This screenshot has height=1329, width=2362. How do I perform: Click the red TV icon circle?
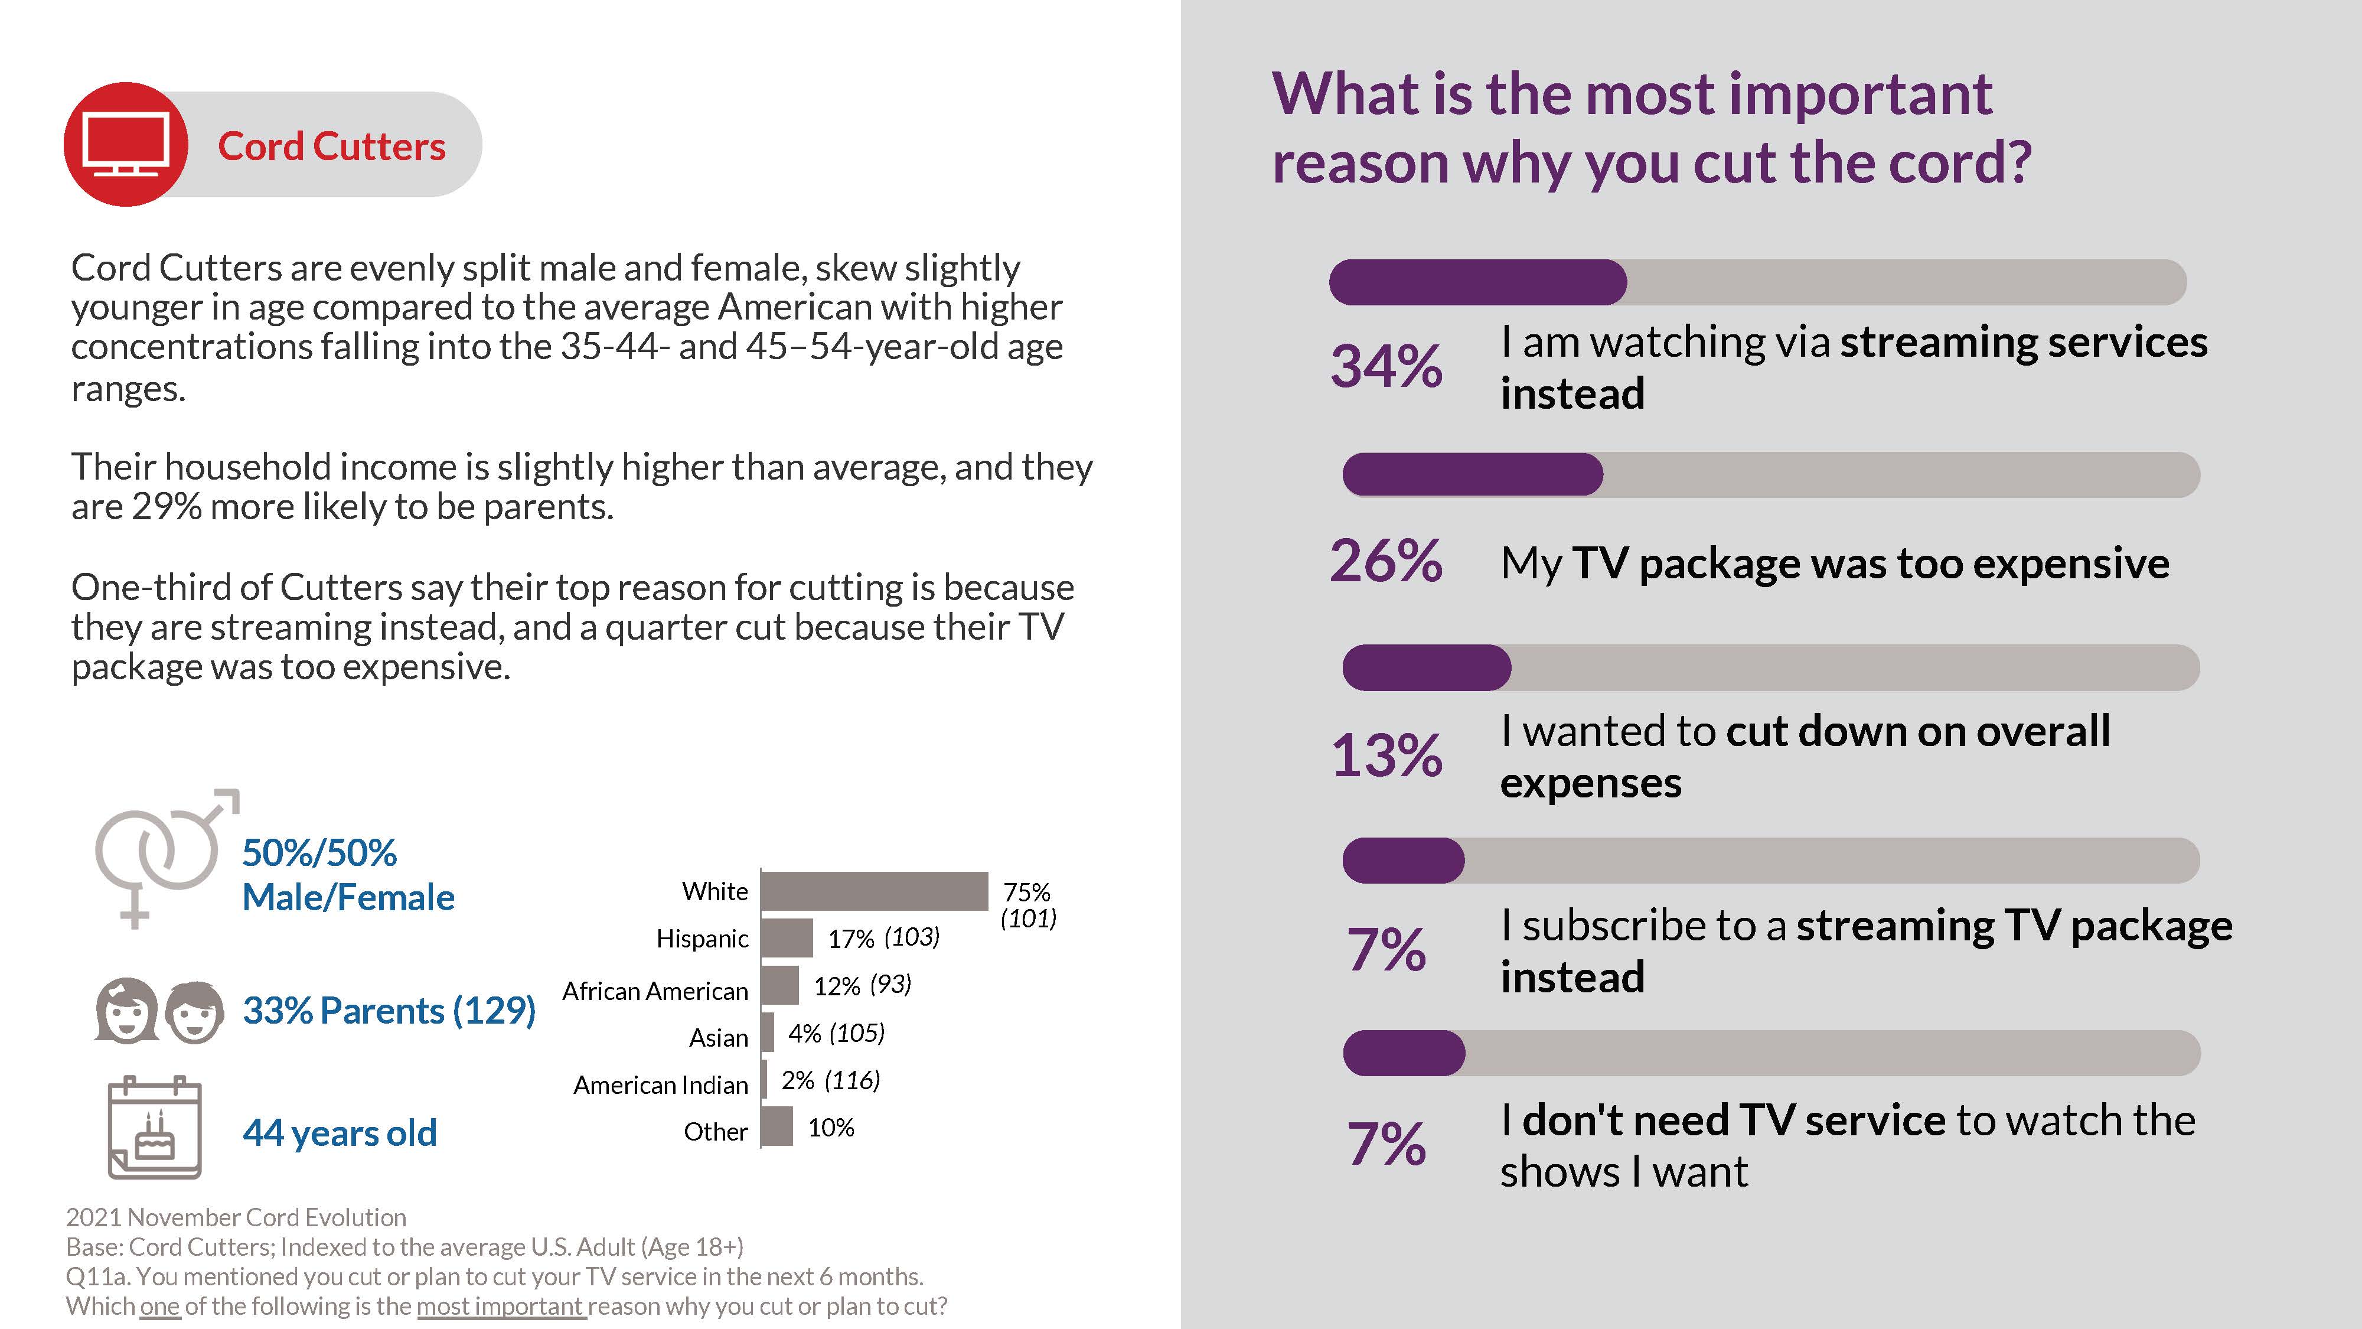pyautogui.click(x=126, y=144)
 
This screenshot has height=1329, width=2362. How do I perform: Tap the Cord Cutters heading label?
pyautogui.click(x=331, y=146)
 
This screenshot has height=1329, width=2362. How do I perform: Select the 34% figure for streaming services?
pyautogui.click(x=1385, y=366)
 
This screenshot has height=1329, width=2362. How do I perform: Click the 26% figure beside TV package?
pyautogui.click(x=1385, y=561)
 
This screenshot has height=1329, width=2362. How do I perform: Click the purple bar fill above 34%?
pyautogui.click(x=1477, y=282)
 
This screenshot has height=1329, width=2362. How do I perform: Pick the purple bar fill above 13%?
pyautogui.click(x=1426, y=667)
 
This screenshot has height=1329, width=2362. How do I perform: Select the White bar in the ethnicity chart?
pyautogui.click(x=874, y=891)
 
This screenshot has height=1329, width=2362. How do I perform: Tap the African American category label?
pyautogui.click(x=655, y=992)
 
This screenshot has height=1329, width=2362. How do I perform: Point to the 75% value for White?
pyautogui.click(x=1027, y=891)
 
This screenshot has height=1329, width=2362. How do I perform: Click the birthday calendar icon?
pyautogui.click(x=154, y=1127)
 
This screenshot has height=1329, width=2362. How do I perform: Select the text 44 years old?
pyautogui.click(x=340, y=1133)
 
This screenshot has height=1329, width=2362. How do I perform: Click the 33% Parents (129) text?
pyautogui.click(x=389, y=1010)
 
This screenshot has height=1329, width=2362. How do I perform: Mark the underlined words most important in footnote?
pyautogui.click(x=501, y=1305)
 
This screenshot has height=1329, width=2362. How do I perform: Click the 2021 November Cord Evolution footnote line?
pyautogui.click(x=236, y=1217)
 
